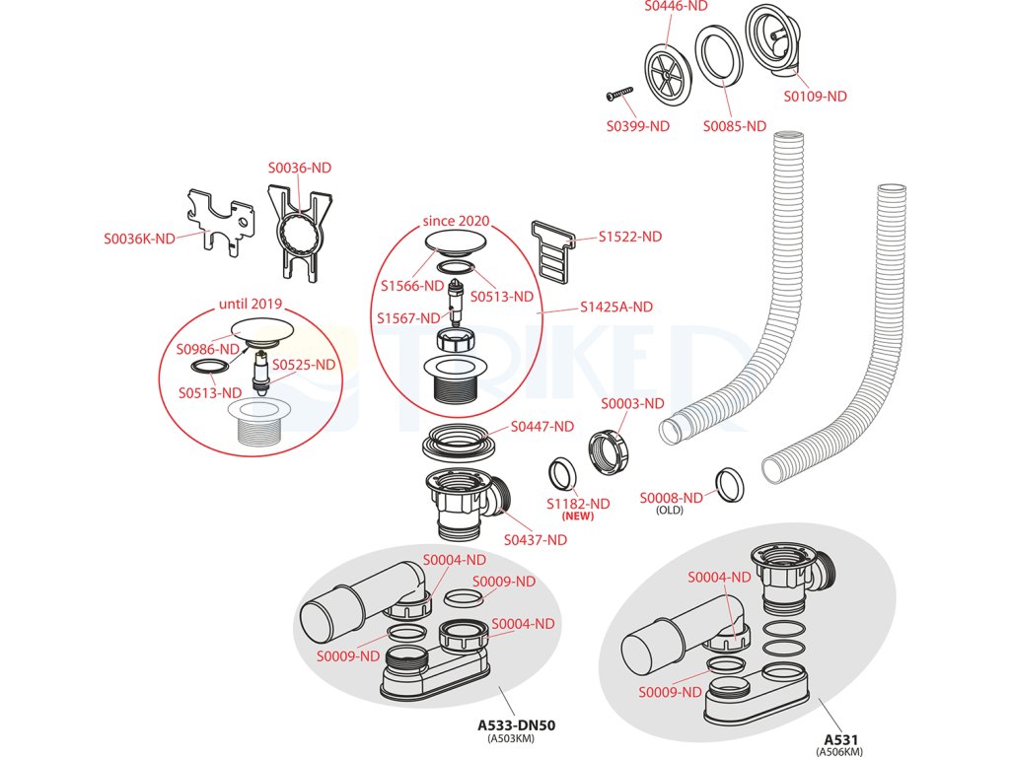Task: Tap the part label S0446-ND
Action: coord(677,6)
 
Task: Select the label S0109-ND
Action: coord(816,97)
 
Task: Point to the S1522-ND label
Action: coord(630,237)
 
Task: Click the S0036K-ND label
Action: coord(140,239)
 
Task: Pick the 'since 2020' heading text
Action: coord(456,220)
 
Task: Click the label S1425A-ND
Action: coord(616,307)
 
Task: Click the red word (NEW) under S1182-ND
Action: coord(577,516)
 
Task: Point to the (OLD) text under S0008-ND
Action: coord(671,511)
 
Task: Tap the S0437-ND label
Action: coord(536,539)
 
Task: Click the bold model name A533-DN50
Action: coord(517,725)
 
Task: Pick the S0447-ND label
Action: coord(541,427)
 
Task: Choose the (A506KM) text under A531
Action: coord(840,751)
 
